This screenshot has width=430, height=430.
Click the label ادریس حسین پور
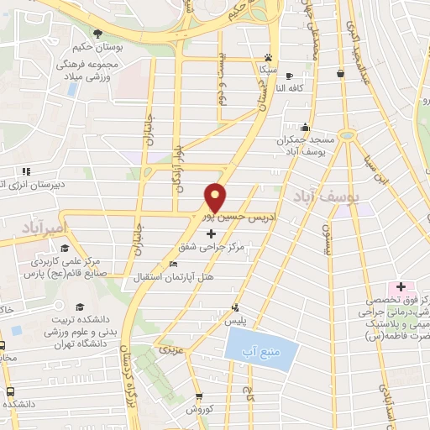point(239,218)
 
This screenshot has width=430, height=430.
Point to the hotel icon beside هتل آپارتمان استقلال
point(174,265)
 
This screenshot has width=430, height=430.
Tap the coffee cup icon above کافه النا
point(289,75)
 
